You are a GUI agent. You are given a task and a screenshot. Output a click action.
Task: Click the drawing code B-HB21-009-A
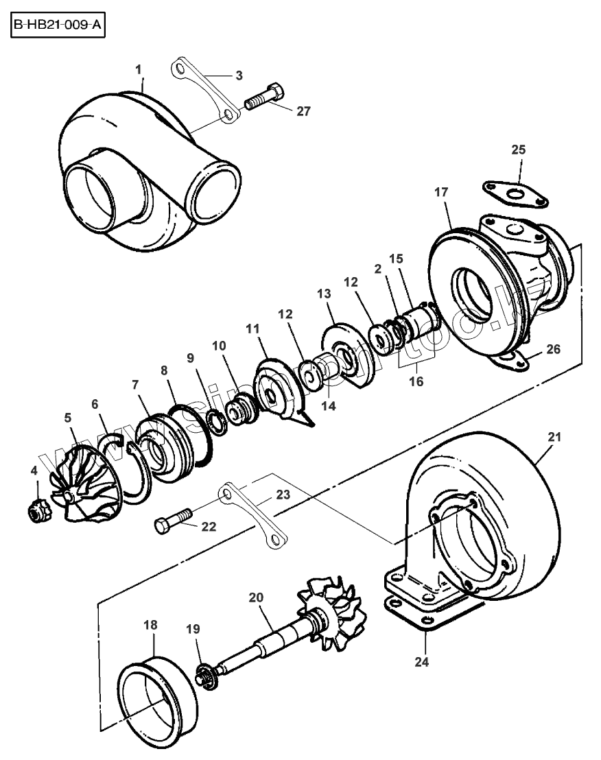coord(57,27)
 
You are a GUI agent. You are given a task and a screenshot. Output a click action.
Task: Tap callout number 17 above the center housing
coord(440,193)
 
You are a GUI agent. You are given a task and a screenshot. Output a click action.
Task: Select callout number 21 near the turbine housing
coord(554,437)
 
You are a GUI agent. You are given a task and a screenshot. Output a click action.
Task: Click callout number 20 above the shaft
coord(257,597)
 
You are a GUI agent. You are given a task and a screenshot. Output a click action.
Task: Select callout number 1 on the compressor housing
coord(139,69)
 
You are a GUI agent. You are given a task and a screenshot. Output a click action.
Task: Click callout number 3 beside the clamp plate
coord(238,75)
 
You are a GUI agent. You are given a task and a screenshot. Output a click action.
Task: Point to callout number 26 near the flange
coord(553,349)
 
